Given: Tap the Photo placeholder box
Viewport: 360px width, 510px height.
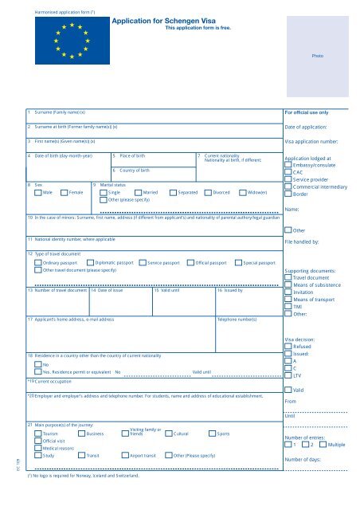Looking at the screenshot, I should click(x=317, y=57).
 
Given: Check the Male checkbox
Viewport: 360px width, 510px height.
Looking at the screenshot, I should click(x=38, y=192).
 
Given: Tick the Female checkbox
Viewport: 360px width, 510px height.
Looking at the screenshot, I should click(x=65, y=192).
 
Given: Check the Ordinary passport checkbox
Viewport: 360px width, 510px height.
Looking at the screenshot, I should click(x=38, y=261).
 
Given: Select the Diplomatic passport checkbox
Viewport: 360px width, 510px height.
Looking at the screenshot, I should click(x=90, y=261).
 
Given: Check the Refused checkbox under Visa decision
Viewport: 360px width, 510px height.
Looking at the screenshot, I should click(x=288, y=347).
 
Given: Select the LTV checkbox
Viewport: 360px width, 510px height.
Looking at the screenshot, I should click(x=288, y=374).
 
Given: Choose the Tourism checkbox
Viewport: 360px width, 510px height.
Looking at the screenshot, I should click(x=38, y=433).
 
